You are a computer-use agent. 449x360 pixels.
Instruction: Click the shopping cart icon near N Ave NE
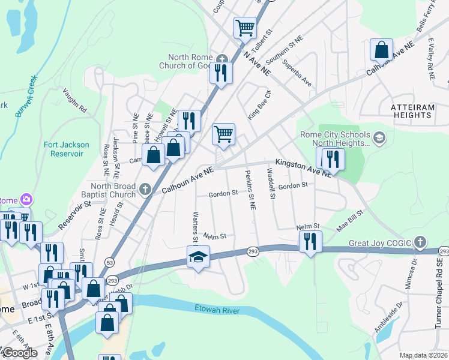(245, 28)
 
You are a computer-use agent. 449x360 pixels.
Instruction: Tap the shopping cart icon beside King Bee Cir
(223, 134)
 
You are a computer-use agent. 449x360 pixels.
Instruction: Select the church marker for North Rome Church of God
(223, 59)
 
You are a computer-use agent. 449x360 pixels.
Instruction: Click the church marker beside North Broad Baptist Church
(145, 190)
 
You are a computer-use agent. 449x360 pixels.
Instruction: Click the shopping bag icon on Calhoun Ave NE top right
(381, 50)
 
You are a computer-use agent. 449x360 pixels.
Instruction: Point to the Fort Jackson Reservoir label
(67, 149)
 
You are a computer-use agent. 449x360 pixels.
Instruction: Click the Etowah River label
(217, 310)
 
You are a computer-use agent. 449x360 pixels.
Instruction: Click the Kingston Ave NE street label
(303, 167)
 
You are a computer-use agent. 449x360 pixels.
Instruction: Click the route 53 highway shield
(109, 262)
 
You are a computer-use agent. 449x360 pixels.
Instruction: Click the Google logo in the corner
(19, 353)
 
